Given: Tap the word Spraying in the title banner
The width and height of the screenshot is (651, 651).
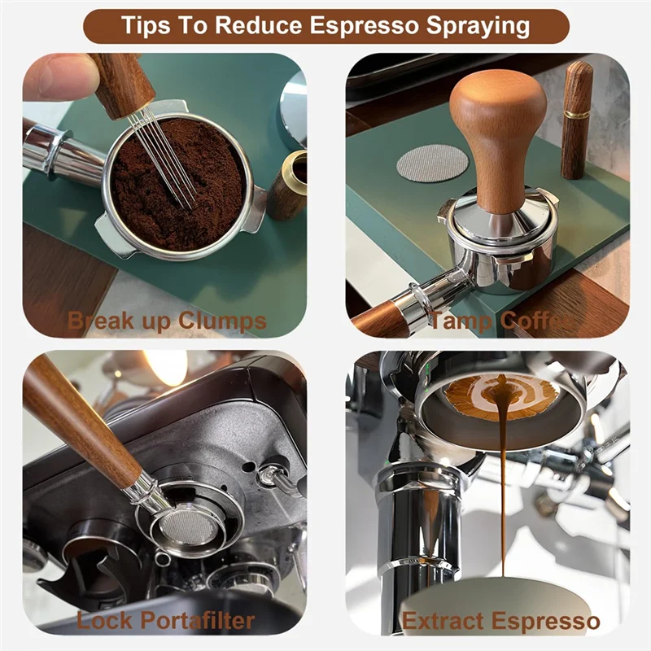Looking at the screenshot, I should point(474,25).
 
